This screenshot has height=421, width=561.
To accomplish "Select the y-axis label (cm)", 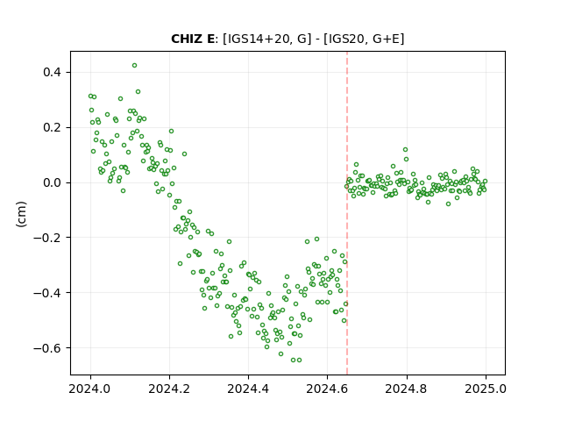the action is (21, 214).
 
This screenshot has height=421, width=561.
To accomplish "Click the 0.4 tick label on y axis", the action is (53, 72).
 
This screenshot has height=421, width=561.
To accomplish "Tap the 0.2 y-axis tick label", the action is (53, 127).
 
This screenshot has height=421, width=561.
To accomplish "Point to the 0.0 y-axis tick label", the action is (53, 182).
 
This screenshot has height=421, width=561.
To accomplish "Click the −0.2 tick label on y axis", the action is (47, 238).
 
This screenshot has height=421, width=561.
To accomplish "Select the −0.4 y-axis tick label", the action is (47, 293).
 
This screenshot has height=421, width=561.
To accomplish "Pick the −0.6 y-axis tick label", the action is (47, 348).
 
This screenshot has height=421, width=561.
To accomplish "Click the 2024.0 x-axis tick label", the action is (90, 389).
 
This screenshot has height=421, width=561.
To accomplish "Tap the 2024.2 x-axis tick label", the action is (169, 389).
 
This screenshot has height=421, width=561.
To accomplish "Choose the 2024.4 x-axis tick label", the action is (248, 389).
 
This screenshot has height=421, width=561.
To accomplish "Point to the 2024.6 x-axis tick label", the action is (327, 389).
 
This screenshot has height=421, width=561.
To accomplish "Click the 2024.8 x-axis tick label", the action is (407, 389).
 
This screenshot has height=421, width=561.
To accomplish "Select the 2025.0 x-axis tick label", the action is (486, 389).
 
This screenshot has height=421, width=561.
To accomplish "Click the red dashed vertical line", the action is (347, 213).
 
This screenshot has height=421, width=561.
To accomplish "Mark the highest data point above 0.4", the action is (134, 66).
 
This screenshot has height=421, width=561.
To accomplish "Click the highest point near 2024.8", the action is (405, 150).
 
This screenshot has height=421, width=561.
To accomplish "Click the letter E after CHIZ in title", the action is (209, 39).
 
